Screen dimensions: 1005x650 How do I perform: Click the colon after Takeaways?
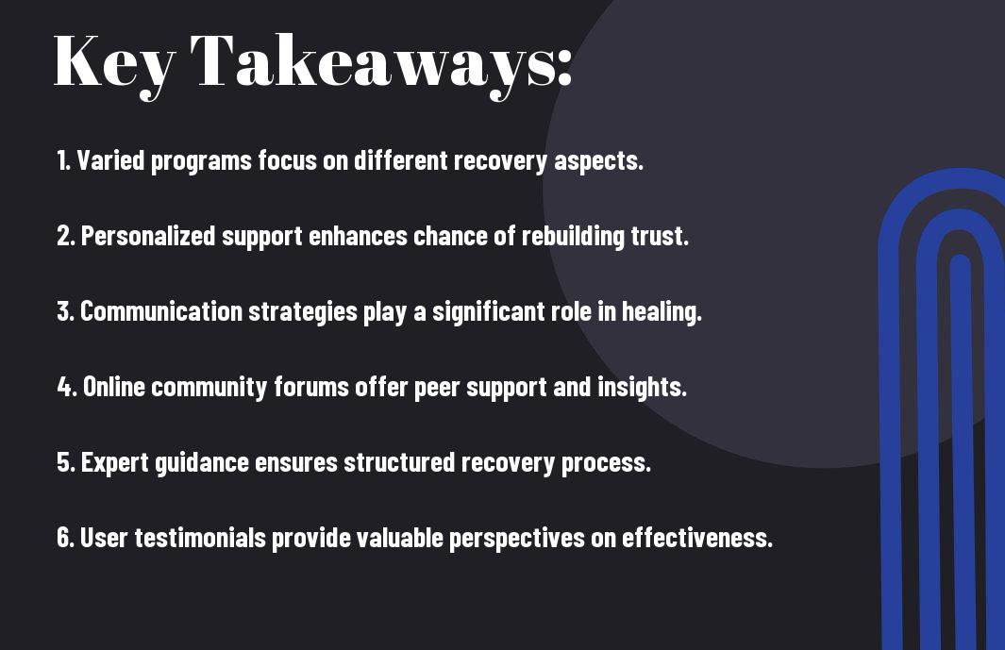tap(564, 67)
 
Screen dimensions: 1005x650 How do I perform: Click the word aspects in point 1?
tap(598, 161)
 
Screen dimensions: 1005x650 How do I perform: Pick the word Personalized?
tap(148, 236)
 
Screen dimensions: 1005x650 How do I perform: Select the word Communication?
tap(160, 311)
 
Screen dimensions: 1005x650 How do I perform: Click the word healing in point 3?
tap(662, 312)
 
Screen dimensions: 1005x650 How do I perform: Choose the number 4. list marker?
tap(67, 387)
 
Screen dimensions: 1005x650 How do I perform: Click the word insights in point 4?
tap(643, 387)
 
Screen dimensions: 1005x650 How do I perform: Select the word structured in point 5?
tap(399, 462)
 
